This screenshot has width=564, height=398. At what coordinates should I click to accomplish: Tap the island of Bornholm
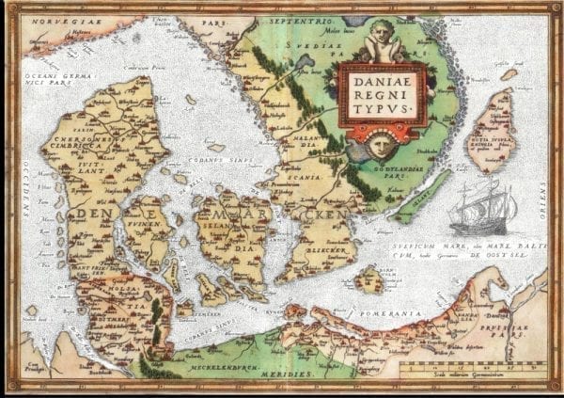click(369, 279)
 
